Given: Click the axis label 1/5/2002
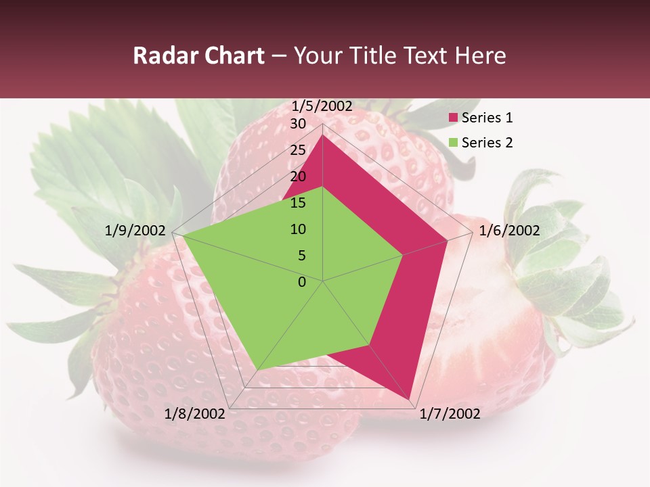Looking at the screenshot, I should point(322,106).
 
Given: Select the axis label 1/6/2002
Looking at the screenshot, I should point(509,231).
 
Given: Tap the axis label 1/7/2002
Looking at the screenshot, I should point(450,414).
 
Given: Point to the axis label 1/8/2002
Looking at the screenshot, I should point(195,414).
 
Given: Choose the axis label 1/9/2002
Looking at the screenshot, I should point(135,231).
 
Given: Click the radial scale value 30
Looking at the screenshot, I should point(298,124).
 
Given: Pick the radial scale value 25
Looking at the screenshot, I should point(298,150).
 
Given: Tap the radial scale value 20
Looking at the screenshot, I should point(298,177).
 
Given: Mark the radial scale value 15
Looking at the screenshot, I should point(298,203).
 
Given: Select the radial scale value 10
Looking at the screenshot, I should point(298,229).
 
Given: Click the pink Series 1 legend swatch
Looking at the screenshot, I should point(453,118).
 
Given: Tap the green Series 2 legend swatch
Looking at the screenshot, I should point(453,143).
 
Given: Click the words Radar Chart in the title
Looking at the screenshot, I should point(198,55).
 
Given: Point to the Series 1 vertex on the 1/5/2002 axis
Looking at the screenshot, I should point(323,135).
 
